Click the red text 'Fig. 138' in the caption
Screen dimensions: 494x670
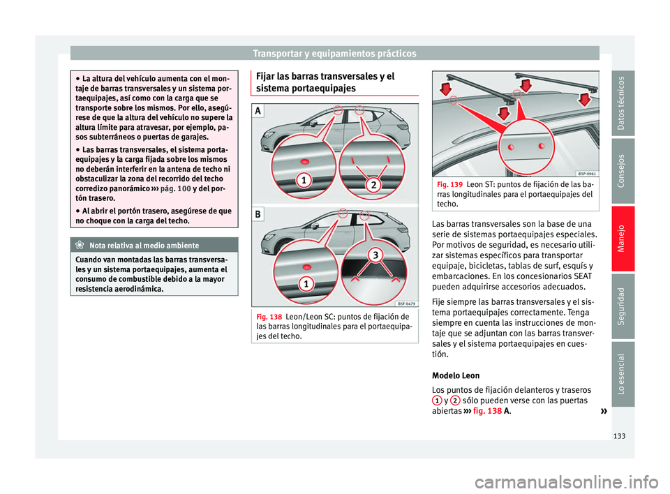click(270, 316)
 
